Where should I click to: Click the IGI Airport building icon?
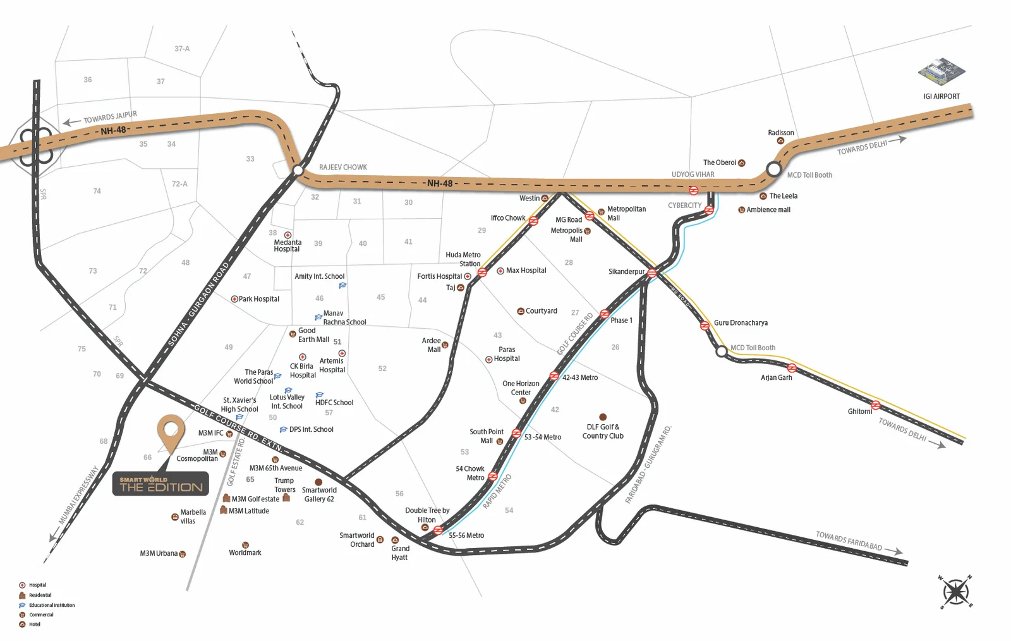[941, 71]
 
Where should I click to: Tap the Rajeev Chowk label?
[342, 168]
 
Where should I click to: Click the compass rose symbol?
[956, 592]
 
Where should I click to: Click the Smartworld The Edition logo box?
[160, 484]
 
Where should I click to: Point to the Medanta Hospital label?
[287, 246]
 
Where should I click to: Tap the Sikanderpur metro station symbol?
[651, 273]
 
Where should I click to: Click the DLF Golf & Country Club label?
[603, 432]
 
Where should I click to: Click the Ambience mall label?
[768, 210]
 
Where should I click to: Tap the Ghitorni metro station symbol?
[875, 405]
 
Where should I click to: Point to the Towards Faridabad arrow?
[893, 551]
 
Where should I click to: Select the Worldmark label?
[245, 553]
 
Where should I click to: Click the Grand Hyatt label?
[400, 553]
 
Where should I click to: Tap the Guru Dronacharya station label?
[741, 323]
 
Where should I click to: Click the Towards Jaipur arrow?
[71, 122]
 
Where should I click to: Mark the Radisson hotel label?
[781, 133]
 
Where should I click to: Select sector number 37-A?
[182, 49]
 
